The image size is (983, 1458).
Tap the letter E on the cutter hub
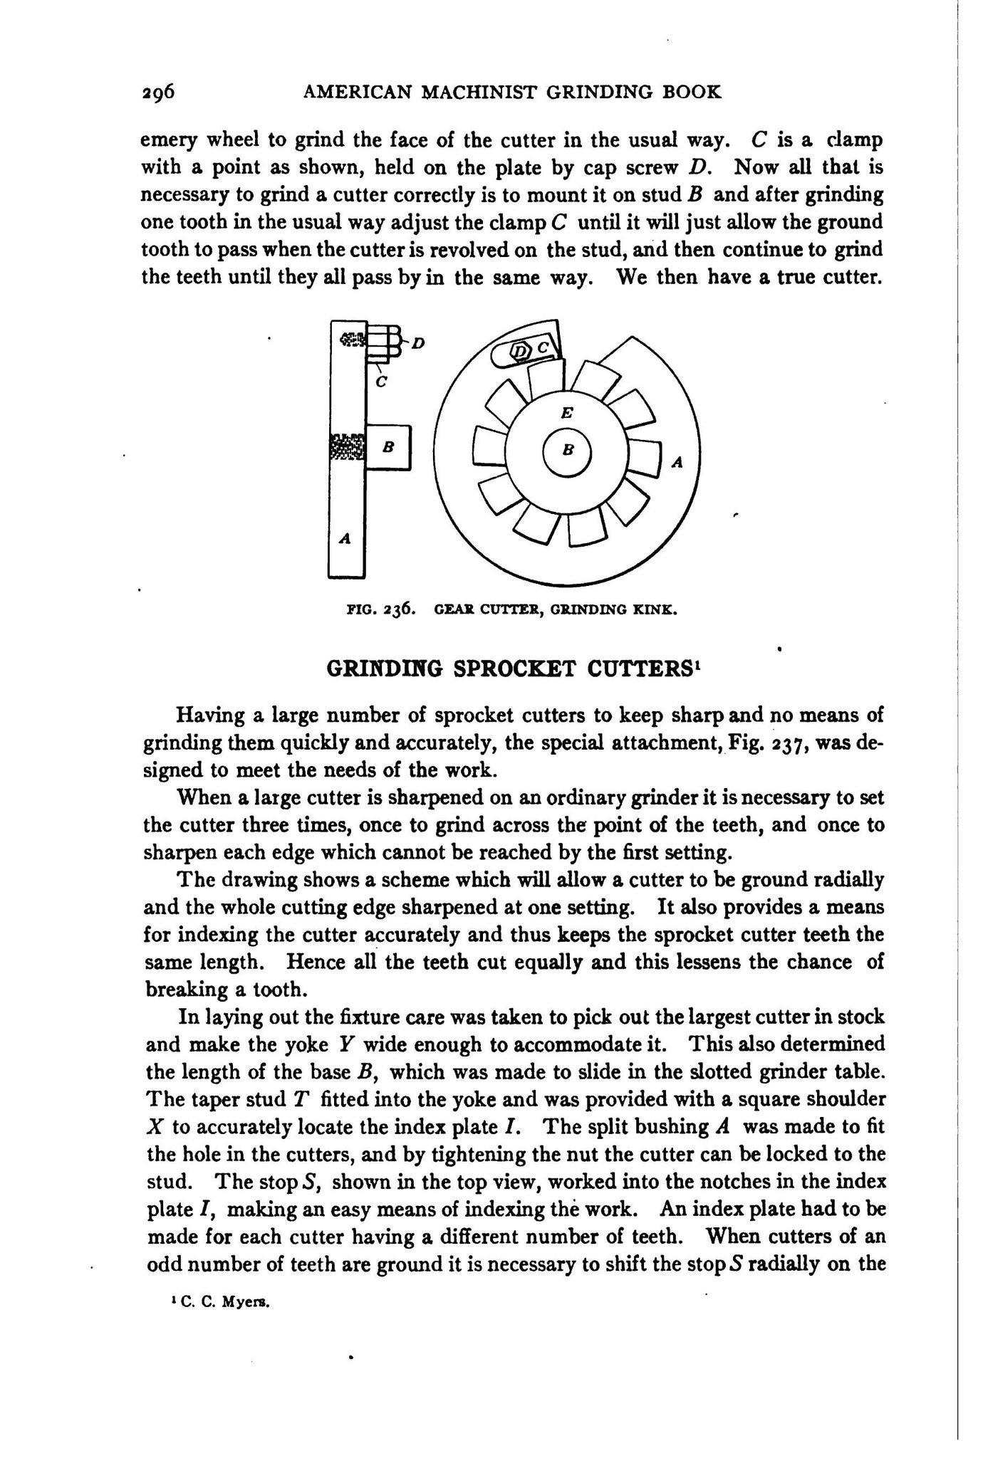click(567, 411)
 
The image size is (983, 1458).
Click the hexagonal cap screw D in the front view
click(522, 350)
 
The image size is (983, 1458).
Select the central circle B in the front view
click(568, 451)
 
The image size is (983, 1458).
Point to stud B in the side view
click(388, 447)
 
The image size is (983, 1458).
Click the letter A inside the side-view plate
click(345, 539)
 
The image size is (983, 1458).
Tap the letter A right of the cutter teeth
click(677, 463)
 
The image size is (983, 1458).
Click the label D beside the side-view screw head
click(418, 344)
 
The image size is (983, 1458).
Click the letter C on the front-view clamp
click(543, 347)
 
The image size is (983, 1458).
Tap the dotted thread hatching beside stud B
click(348, 447)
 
